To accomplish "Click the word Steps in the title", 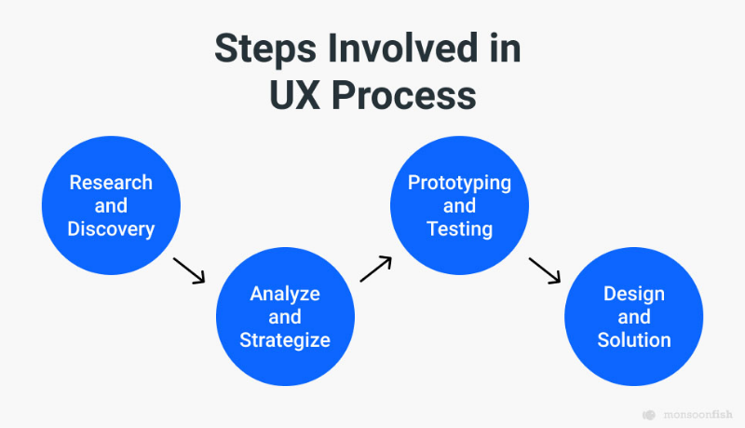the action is coord(265,49).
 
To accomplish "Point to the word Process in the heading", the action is coord(404,94).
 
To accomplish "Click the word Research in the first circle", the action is coord(111,183).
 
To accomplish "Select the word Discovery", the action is coord(111,229).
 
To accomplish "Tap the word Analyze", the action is coord(285,295).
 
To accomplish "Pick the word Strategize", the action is coord(285,340).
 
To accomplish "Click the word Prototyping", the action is coord(459,184).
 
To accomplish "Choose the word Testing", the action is coord(459,229).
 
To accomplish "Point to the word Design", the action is coord(634,295).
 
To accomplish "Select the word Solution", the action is coord(634,340).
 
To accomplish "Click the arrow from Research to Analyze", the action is coord(189,271).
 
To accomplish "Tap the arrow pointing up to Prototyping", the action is coord(376,269).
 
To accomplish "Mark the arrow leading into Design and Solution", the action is coord(545,271).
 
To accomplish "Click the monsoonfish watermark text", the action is coord(698,415).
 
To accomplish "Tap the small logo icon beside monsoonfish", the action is coord(649,415).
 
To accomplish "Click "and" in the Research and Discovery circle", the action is coord(111,206).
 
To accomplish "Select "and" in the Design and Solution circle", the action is coord(634,317).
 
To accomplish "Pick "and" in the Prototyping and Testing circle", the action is coord(459,206).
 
